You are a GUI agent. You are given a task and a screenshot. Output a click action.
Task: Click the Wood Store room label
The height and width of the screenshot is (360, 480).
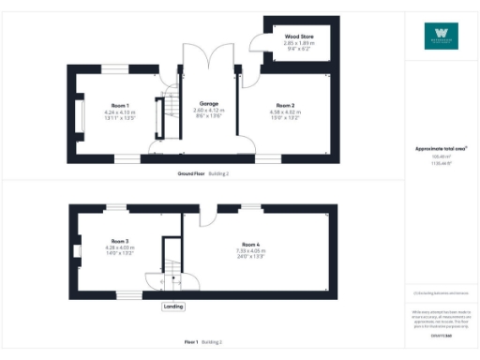click(x=286, y=36)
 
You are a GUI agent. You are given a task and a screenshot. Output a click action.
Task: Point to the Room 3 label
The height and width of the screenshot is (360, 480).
click(x=120, y=240)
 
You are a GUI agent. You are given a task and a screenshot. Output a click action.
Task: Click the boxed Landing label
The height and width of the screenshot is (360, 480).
click(x=173, y=307)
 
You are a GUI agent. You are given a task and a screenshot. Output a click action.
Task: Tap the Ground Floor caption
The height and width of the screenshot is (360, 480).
click(x=191, y=173)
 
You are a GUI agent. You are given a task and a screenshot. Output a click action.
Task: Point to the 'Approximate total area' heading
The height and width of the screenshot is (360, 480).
click(x=440, y=149)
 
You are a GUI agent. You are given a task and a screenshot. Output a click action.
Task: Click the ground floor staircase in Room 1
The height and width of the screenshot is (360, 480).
click(x=170, y=116)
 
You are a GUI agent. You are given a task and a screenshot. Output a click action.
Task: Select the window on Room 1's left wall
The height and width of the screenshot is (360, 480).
click(x=68, y=112)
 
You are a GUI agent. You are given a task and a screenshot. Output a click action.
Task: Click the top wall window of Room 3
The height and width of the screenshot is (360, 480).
click(x=116, y=206)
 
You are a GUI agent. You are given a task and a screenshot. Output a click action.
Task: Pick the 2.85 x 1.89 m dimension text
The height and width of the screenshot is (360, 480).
click(x=286, y=43)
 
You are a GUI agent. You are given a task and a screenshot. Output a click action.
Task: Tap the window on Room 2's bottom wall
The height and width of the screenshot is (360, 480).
click(x=268, y=158)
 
